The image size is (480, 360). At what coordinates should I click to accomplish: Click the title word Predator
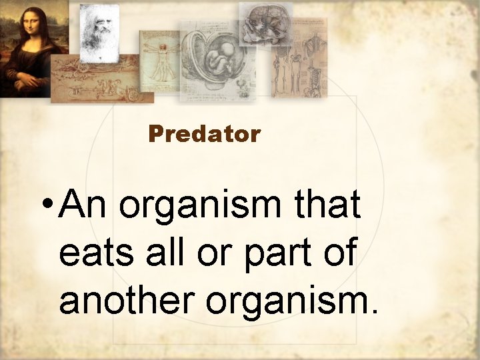coord(204,134)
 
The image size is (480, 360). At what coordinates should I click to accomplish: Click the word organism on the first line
coord(203,207)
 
